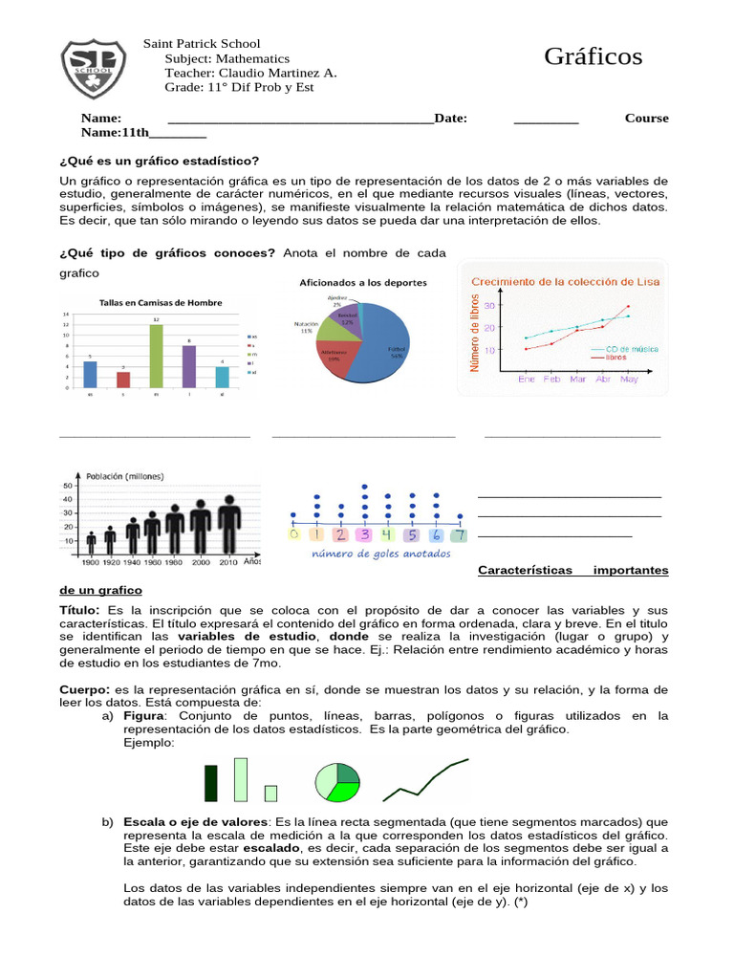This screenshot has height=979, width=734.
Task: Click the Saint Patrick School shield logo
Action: (x=93, y=69)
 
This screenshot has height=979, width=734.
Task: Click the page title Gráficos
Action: (x=593, y=57)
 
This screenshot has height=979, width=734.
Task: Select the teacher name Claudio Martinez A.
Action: (x=277, y=73)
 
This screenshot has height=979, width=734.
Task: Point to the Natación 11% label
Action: (x=305, y=327)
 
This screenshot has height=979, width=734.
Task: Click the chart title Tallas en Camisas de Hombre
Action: (x=161, y=303)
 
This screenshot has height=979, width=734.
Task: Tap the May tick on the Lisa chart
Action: (x=628, y=379)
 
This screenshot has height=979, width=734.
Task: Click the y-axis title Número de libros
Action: (x=475, y=333)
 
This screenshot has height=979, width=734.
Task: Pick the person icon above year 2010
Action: (x=228, y=526)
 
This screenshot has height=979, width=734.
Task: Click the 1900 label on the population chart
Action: (x=91, y=563)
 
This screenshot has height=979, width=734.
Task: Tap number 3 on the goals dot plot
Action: (x=364, y=534)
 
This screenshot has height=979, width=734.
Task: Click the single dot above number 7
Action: (x=461, y=517)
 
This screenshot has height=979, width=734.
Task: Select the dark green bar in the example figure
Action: (x=210, y=782)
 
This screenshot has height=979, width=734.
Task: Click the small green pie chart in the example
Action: (x=337, y=781)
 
